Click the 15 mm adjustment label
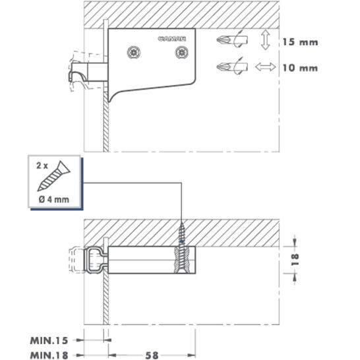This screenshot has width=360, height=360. (300, 42)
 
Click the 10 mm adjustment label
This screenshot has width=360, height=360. (300, 68)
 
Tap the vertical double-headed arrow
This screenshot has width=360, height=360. (266, 40)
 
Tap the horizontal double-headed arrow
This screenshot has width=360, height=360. (266, 67)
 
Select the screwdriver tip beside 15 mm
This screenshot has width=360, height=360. (232, 41)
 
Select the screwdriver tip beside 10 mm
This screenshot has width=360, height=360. (232, 67)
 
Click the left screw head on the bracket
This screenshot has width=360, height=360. (134, 52)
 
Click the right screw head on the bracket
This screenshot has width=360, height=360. (182, 52)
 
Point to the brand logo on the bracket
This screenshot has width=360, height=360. (172, 39)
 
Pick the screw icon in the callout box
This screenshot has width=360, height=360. (54, 176)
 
